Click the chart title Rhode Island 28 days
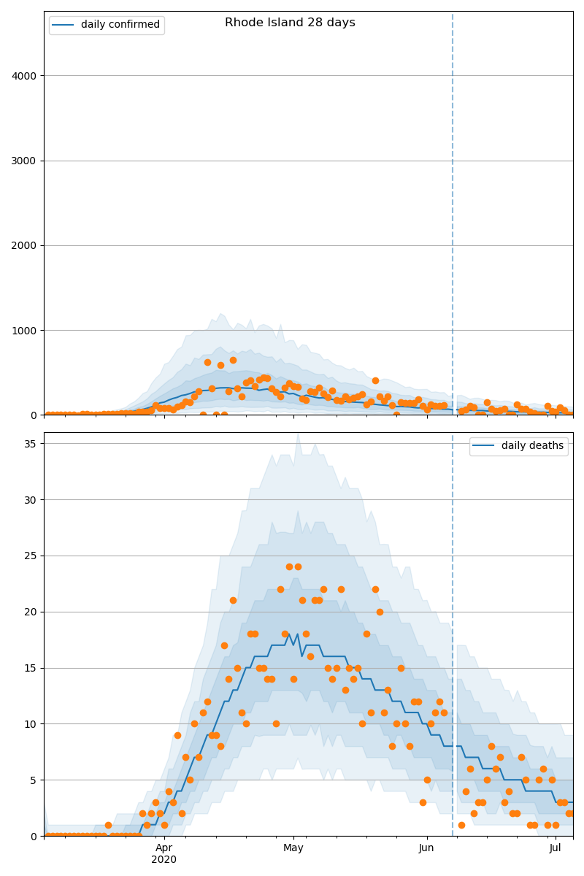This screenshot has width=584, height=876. [290, 23]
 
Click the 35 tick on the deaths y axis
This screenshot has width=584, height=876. [31, 444]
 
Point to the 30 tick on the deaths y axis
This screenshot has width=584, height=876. [31, 500]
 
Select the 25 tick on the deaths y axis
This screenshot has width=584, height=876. [31, 556]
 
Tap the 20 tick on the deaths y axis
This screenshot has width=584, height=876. [31, 612]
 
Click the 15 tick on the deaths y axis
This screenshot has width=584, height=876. [31, 668]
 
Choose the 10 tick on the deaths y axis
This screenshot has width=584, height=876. [31, 724]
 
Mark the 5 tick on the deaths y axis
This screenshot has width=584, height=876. [34, 780]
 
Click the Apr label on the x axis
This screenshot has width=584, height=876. [164, 848]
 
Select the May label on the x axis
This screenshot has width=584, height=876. [293, 848]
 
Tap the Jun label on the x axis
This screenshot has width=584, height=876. [426, 848]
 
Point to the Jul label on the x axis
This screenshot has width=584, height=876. [556, 848]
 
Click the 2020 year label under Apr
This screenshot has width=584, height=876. [164, 860]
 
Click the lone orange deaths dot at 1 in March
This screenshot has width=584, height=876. [108, 825]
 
